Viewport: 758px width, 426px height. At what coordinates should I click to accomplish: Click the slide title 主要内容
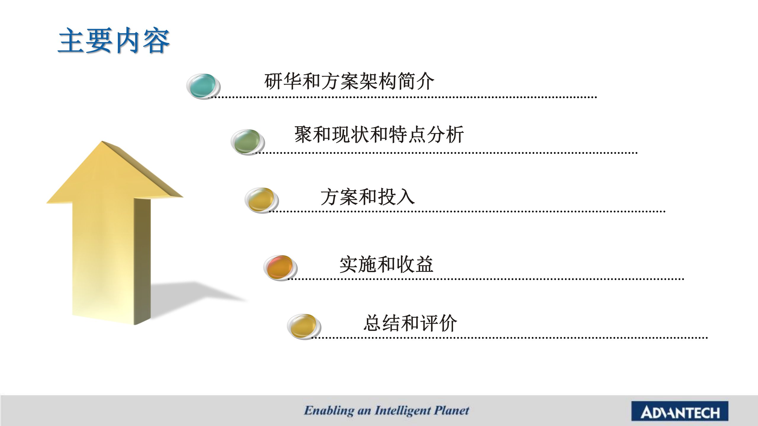tap(114, 41)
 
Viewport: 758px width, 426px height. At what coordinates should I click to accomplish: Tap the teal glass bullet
tap(203, 86)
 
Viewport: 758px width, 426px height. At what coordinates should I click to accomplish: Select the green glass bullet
tap(248, 142)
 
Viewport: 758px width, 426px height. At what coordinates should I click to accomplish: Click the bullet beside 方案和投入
tap(262, 200)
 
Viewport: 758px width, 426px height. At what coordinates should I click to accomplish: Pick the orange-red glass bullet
tap(280, 268)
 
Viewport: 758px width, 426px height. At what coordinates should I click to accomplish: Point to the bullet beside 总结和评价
tap(304, 327)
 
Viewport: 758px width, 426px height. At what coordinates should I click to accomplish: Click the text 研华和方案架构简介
tap(349, 81)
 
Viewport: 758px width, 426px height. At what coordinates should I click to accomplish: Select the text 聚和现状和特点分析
tap(379, 135)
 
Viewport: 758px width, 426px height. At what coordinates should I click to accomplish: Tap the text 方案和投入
tap(368, 197)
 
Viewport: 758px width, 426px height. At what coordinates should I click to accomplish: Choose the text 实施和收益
tap(386, 264)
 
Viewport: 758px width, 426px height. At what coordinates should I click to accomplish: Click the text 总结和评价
tap(410, 323)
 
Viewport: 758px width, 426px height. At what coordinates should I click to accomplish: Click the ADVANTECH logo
tap(680, 411)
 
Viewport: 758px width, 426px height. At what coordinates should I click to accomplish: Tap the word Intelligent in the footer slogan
tap(403, 411)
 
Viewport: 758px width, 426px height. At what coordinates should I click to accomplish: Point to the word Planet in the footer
tap(452, 410)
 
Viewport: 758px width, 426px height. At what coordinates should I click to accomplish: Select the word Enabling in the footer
tap(329, 411)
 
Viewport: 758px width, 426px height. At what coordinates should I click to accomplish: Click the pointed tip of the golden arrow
tap(102, 141)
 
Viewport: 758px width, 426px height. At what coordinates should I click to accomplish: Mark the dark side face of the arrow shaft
tap(142, 260)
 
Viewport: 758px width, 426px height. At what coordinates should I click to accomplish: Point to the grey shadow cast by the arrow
tap(195, 296)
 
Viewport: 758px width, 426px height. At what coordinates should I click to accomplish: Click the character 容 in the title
tap(156, 41)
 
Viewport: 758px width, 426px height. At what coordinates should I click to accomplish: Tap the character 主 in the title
tap(71, 41)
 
